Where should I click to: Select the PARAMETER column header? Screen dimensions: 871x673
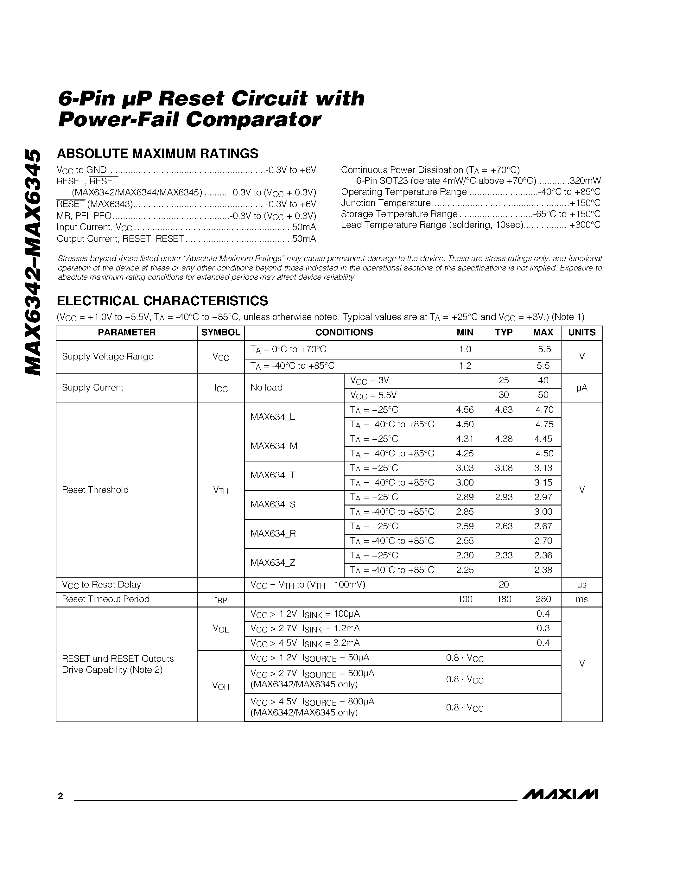[x=126, y=333]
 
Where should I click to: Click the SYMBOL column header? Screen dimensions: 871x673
[x=220, y=333]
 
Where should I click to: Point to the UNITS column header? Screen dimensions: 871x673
[x=582, y=333]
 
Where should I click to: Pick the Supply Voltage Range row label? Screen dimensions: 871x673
[x=108, y=357]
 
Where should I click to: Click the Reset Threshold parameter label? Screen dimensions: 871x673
[x=95, y=490]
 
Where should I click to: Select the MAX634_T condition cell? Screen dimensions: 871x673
[x=273, y=475]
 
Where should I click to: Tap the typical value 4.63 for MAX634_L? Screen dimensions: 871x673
[x=504, y=410]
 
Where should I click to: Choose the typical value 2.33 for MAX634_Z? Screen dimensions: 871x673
[x=504, y=556]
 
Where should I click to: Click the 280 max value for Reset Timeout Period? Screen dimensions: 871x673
[x=543, y=599]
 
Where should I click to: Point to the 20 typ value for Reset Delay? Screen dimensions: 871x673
[x=504, y=585]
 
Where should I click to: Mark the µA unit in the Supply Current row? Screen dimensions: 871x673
[x=582, y=388]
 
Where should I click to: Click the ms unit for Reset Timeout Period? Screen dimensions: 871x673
[x=582, y=599]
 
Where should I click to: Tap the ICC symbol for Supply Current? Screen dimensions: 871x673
[x=220, y=388]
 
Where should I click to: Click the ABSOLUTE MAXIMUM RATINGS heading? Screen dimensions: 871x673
[x=157, y=154]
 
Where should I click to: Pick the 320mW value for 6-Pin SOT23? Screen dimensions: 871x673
[x=585, y=181]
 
